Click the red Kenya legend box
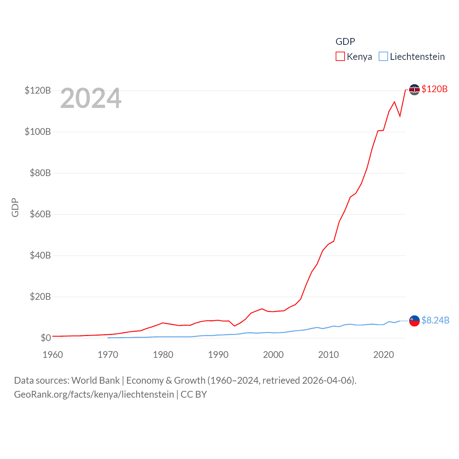pyautogui.click(x=340, y=57)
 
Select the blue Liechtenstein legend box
pyautogui.click(x=383, y=57)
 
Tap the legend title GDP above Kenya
pyautogui.click(x=345, y=42)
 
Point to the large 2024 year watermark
pyautogui.click(x=91, y=98)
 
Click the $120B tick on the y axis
pyautogui.click(x=38, y=90)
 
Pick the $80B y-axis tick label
pyautogui.click(x=38, y=173)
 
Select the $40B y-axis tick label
pyautogui.click(x=38, y=256)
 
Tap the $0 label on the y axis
pyautogui.click(x=46, y=338)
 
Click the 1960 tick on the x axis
pyautogui.click(x=53, y=355)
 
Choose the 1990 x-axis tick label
pyautogui.click(x=218, y=355)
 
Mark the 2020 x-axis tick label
pyautogui.click(x=383, y=355)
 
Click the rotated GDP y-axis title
pyautogui.click(x=15, y=208)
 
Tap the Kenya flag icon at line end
pyautogui.click(x=414, y=90)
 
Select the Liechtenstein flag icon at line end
pyautogui.click(x=414, y=321)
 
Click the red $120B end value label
pyautogui.click(x=434, y=89)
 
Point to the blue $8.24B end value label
pyautogui.click(x=435, y=320)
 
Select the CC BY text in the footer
pyautogui.click(x=194, y=394)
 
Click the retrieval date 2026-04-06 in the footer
pyautogui.click(x=328, y=380)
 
